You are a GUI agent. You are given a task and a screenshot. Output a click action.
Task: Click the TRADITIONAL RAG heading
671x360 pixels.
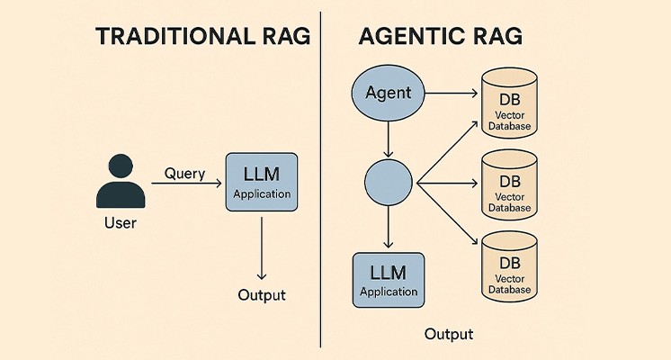click(202, 37)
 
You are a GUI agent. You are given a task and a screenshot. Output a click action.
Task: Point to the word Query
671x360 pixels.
click(185, 174)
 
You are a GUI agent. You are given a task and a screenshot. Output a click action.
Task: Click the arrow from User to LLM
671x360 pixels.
click(186, 184)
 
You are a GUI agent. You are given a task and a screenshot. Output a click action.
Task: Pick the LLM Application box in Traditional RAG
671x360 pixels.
click(261, 182)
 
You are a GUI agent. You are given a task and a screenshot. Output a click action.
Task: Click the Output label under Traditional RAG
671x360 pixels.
click(261, 295)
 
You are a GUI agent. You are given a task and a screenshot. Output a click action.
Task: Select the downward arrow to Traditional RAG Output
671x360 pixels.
click(261, 247)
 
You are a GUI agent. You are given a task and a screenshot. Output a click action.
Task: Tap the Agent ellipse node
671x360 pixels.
click(389, 92)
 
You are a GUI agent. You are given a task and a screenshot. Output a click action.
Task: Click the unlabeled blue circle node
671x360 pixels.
click(389, 184)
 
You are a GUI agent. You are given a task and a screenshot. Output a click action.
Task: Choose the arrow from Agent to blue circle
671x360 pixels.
click(389, 137)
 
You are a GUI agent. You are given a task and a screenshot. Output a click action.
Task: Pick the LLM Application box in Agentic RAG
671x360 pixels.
click(389, 280)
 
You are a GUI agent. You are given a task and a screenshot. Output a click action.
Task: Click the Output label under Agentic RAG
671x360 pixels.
click(449, 335)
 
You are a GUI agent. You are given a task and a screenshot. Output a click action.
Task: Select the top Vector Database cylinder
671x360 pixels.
click(510, 103)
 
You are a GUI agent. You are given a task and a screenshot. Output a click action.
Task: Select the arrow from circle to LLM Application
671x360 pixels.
click(389, 229)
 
